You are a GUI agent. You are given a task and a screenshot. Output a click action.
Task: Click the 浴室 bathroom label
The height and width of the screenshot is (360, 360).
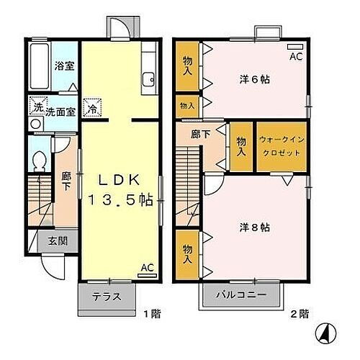pyautogui.click(x=64, y=66)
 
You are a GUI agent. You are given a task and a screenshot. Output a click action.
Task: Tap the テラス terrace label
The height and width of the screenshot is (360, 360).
pyautogui.click(x=106, y=296)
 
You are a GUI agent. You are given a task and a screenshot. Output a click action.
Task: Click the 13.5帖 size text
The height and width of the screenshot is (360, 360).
pyautogui.click(x=120, y=200)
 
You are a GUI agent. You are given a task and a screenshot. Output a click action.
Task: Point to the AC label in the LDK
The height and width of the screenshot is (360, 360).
pyautogui.click(x=147, y=268)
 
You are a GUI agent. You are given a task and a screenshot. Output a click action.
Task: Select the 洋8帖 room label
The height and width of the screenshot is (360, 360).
pyautogui.click(x=255, y=226)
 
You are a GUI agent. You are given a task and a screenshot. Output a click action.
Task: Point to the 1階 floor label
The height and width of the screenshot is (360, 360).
pyautogui.click(x=150, y=313)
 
